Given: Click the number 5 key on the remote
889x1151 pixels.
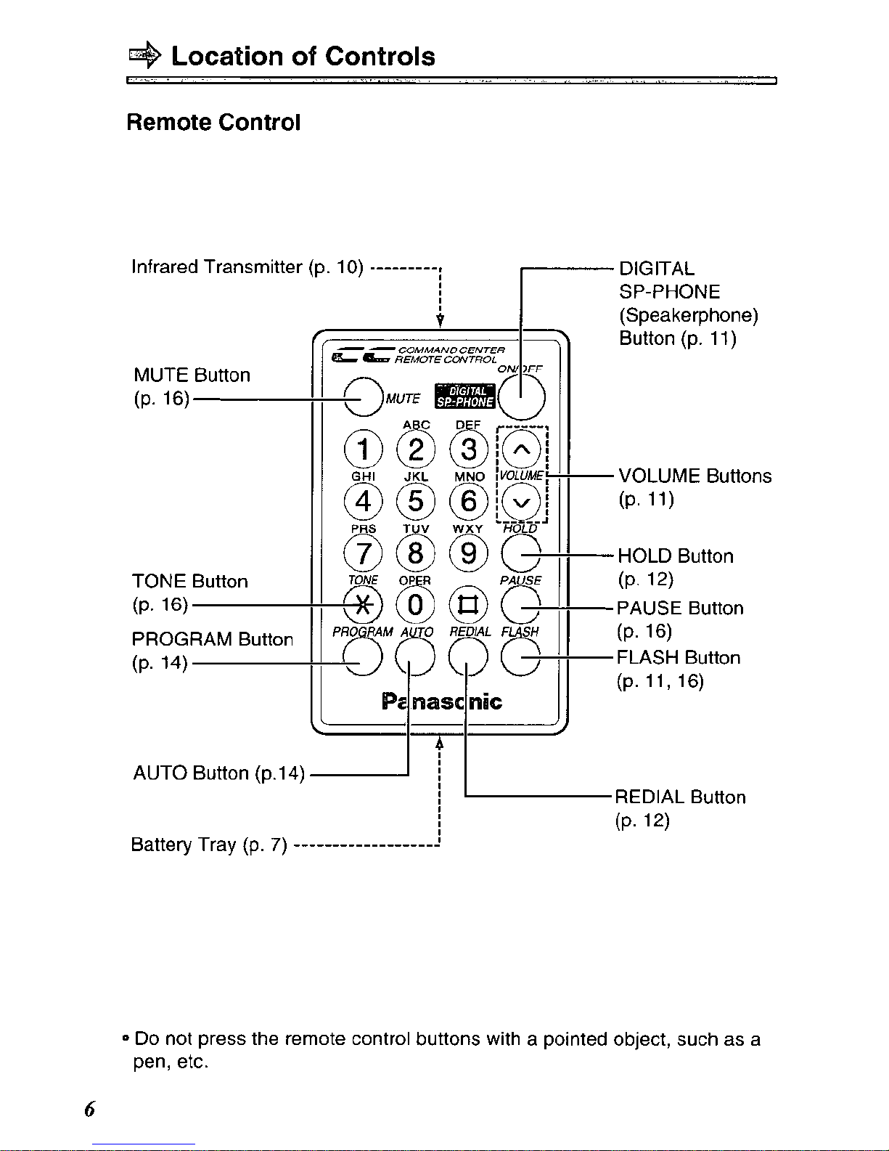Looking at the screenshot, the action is [x=415, y=501].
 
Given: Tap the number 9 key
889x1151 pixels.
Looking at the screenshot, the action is [x=468, y=553].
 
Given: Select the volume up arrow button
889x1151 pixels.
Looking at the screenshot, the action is [x=521, y=450].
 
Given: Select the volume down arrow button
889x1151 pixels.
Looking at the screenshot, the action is [x=521, y=502].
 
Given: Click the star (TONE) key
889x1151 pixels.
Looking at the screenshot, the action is [x=362, y=605].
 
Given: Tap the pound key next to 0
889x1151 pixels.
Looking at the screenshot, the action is [x=468, y=605].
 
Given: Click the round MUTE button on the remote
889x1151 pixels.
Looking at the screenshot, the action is [x=363, y=396].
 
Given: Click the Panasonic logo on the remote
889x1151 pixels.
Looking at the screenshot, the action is [x=441, y=701].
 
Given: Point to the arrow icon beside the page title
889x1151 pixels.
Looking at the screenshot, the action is [x=144, y=55].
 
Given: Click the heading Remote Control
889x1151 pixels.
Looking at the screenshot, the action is [x=213, y=122].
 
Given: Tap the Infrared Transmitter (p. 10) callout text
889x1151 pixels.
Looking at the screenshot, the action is [x=247, y=267].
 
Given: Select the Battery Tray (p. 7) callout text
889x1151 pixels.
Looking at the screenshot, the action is [x=208, y=845].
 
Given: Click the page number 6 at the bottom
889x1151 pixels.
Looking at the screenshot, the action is [x=89, y=1109].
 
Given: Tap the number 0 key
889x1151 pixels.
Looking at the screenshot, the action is [x=415, y=605].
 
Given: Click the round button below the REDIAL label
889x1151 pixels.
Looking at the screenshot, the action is [x=468, y=656].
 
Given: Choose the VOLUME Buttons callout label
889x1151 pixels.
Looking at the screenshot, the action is [x=695, y=487].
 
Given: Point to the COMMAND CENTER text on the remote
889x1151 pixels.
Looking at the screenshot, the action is [x=451, y=350].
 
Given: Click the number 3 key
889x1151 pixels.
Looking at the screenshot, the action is [x=468, y=450].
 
